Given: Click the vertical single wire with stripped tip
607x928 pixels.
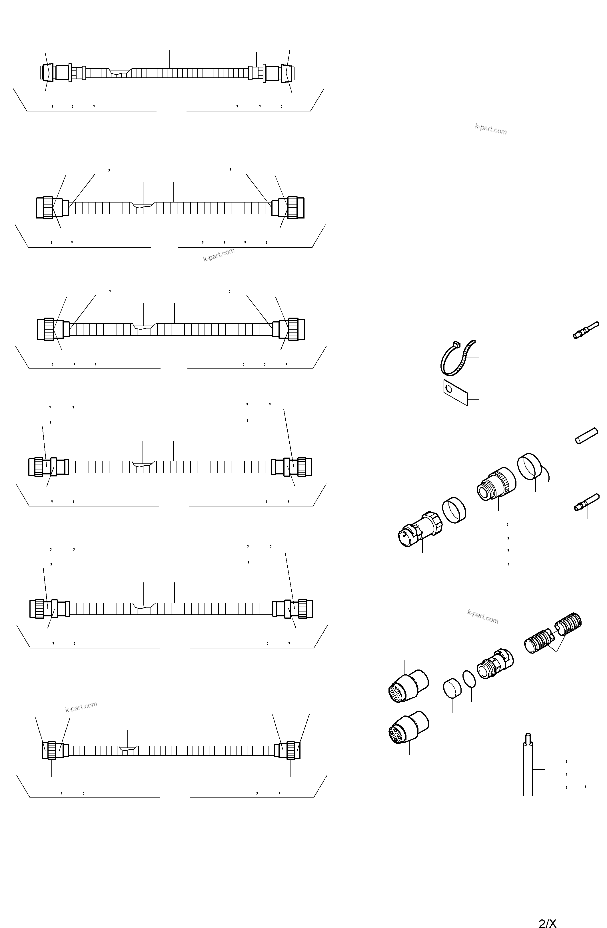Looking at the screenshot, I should [x=528, y=767].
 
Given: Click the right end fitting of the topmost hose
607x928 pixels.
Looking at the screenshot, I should [x=287, y=73].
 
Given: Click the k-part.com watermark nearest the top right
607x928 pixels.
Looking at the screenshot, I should [x=491, y=129].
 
